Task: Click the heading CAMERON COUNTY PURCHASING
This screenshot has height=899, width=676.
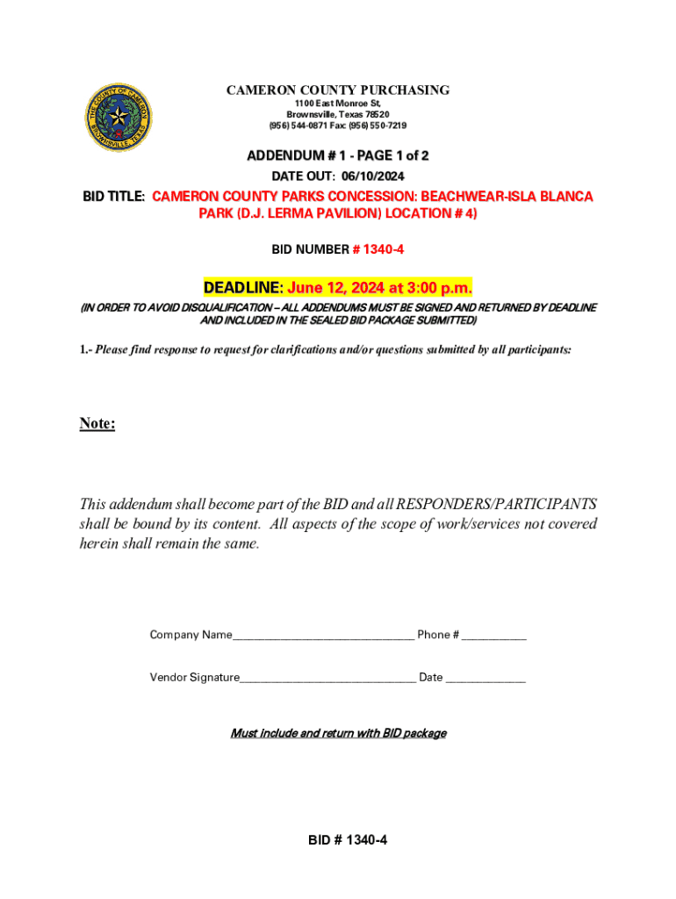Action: tap(338, 90)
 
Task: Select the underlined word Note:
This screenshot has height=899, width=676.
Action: tap(97, 424)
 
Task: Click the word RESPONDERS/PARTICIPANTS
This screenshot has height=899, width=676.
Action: tap(497, 505)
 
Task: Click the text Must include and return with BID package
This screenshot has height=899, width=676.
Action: tap(338, 733)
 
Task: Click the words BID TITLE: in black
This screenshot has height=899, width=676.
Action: tap(115, 197)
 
